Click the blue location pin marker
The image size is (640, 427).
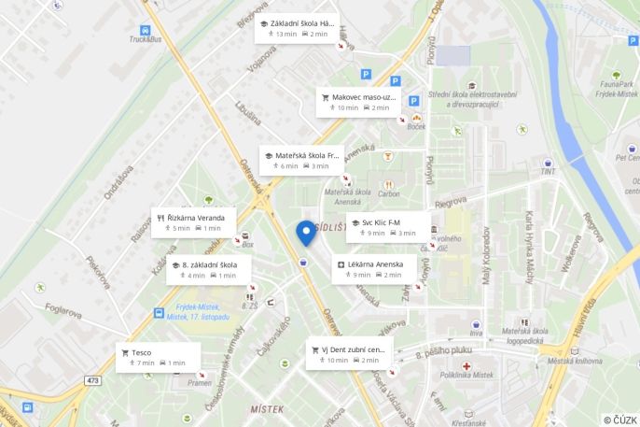pyautogui.click(x=305, y=232)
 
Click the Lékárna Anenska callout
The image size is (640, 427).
pyautogui.click(x=371, y=269)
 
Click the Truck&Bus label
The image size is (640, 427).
pyautogui.click(x=146, y=39)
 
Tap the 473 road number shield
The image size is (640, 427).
pyautogui.click(x=92, y=380)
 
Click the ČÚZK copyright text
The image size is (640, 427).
pyautogui.click(x=620, y=420)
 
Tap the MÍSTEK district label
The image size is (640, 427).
pyautogui.click(x=267, y=409)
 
